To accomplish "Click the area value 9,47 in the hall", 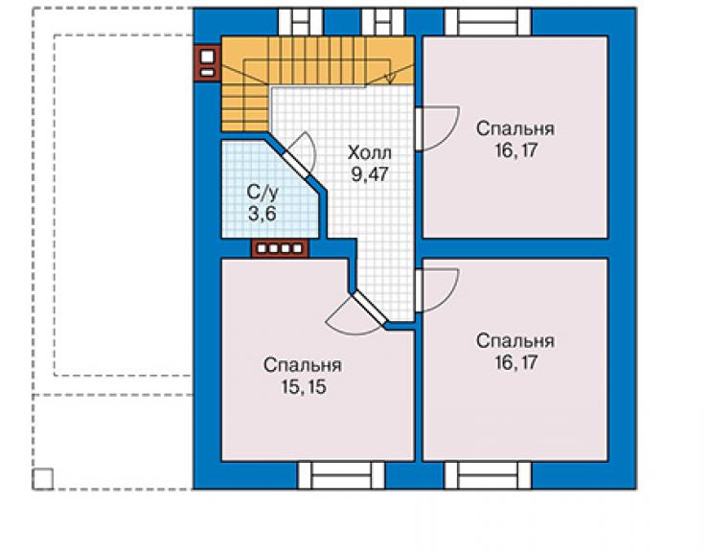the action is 370,174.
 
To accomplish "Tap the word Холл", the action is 370,153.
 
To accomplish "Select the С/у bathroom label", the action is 263,193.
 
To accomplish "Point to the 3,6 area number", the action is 263,214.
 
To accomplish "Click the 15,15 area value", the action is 304,387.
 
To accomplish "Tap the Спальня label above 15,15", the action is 303,365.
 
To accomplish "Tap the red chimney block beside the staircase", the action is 207,63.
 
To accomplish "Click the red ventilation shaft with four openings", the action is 280,248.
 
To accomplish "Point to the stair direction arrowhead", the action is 390,79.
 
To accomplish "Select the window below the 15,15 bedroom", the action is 341,475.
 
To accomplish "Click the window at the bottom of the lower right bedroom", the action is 488,475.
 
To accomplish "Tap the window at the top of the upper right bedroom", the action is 488,22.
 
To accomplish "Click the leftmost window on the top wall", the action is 300,22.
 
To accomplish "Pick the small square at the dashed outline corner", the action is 43,479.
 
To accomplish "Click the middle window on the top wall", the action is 383,22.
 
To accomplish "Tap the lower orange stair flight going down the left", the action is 244,107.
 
